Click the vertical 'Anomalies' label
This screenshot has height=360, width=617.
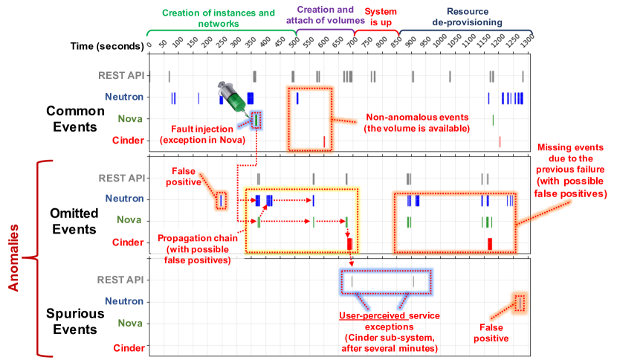pyautogui.click(x=12, y=258)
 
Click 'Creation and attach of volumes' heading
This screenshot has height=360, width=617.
pyautogui.click(x=325, y=17)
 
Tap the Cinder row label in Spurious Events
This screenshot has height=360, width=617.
pyautogui.click(x=127, y=347)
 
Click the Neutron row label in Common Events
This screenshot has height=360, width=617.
pyautogui.click(x=123, y=97)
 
